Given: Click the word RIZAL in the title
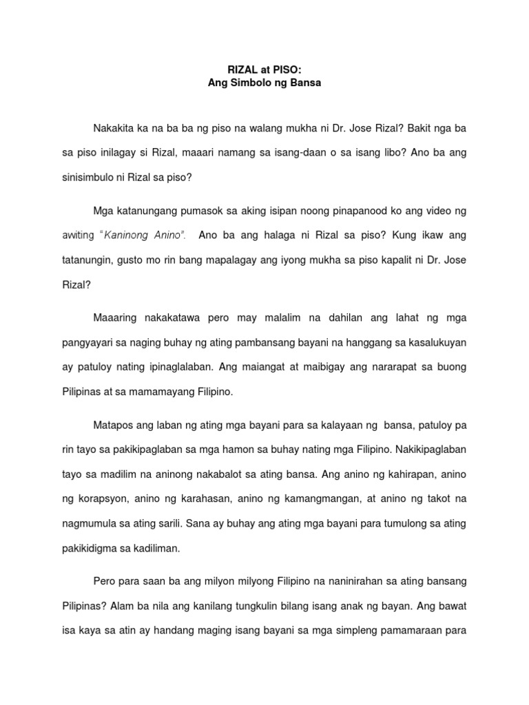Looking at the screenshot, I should coord(240,70).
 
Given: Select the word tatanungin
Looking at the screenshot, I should coord(87,260).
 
